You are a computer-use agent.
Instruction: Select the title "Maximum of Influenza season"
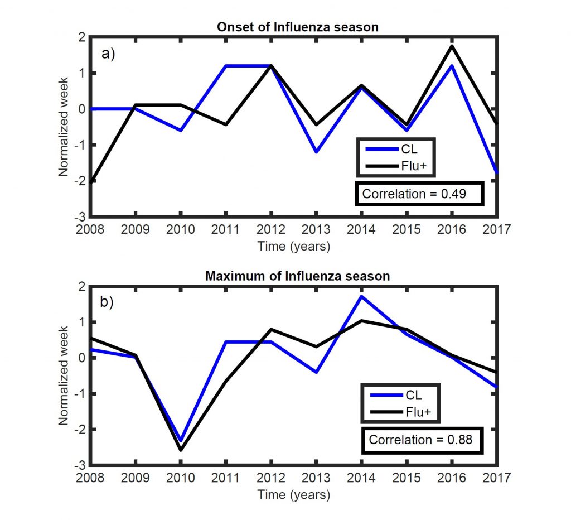coord(294,276)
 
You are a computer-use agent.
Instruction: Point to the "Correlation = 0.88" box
coord(420,439)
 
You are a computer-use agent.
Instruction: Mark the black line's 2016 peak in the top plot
coord(451,46)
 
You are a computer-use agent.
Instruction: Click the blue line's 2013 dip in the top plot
coord(316,152)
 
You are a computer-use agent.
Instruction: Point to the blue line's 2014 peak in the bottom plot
coord(361,296)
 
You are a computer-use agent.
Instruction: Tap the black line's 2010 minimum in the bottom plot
coord(181,450)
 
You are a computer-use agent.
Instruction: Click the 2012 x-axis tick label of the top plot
coord(270,229)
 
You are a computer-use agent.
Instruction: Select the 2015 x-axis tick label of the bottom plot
coord(406,478)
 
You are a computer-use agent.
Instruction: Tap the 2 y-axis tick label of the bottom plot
coord(82,287)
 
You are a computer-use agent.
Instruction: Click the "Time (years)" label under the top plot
coord(294,246)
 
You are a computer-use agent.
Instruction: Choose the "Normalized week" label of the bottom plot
coord(65,375)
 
